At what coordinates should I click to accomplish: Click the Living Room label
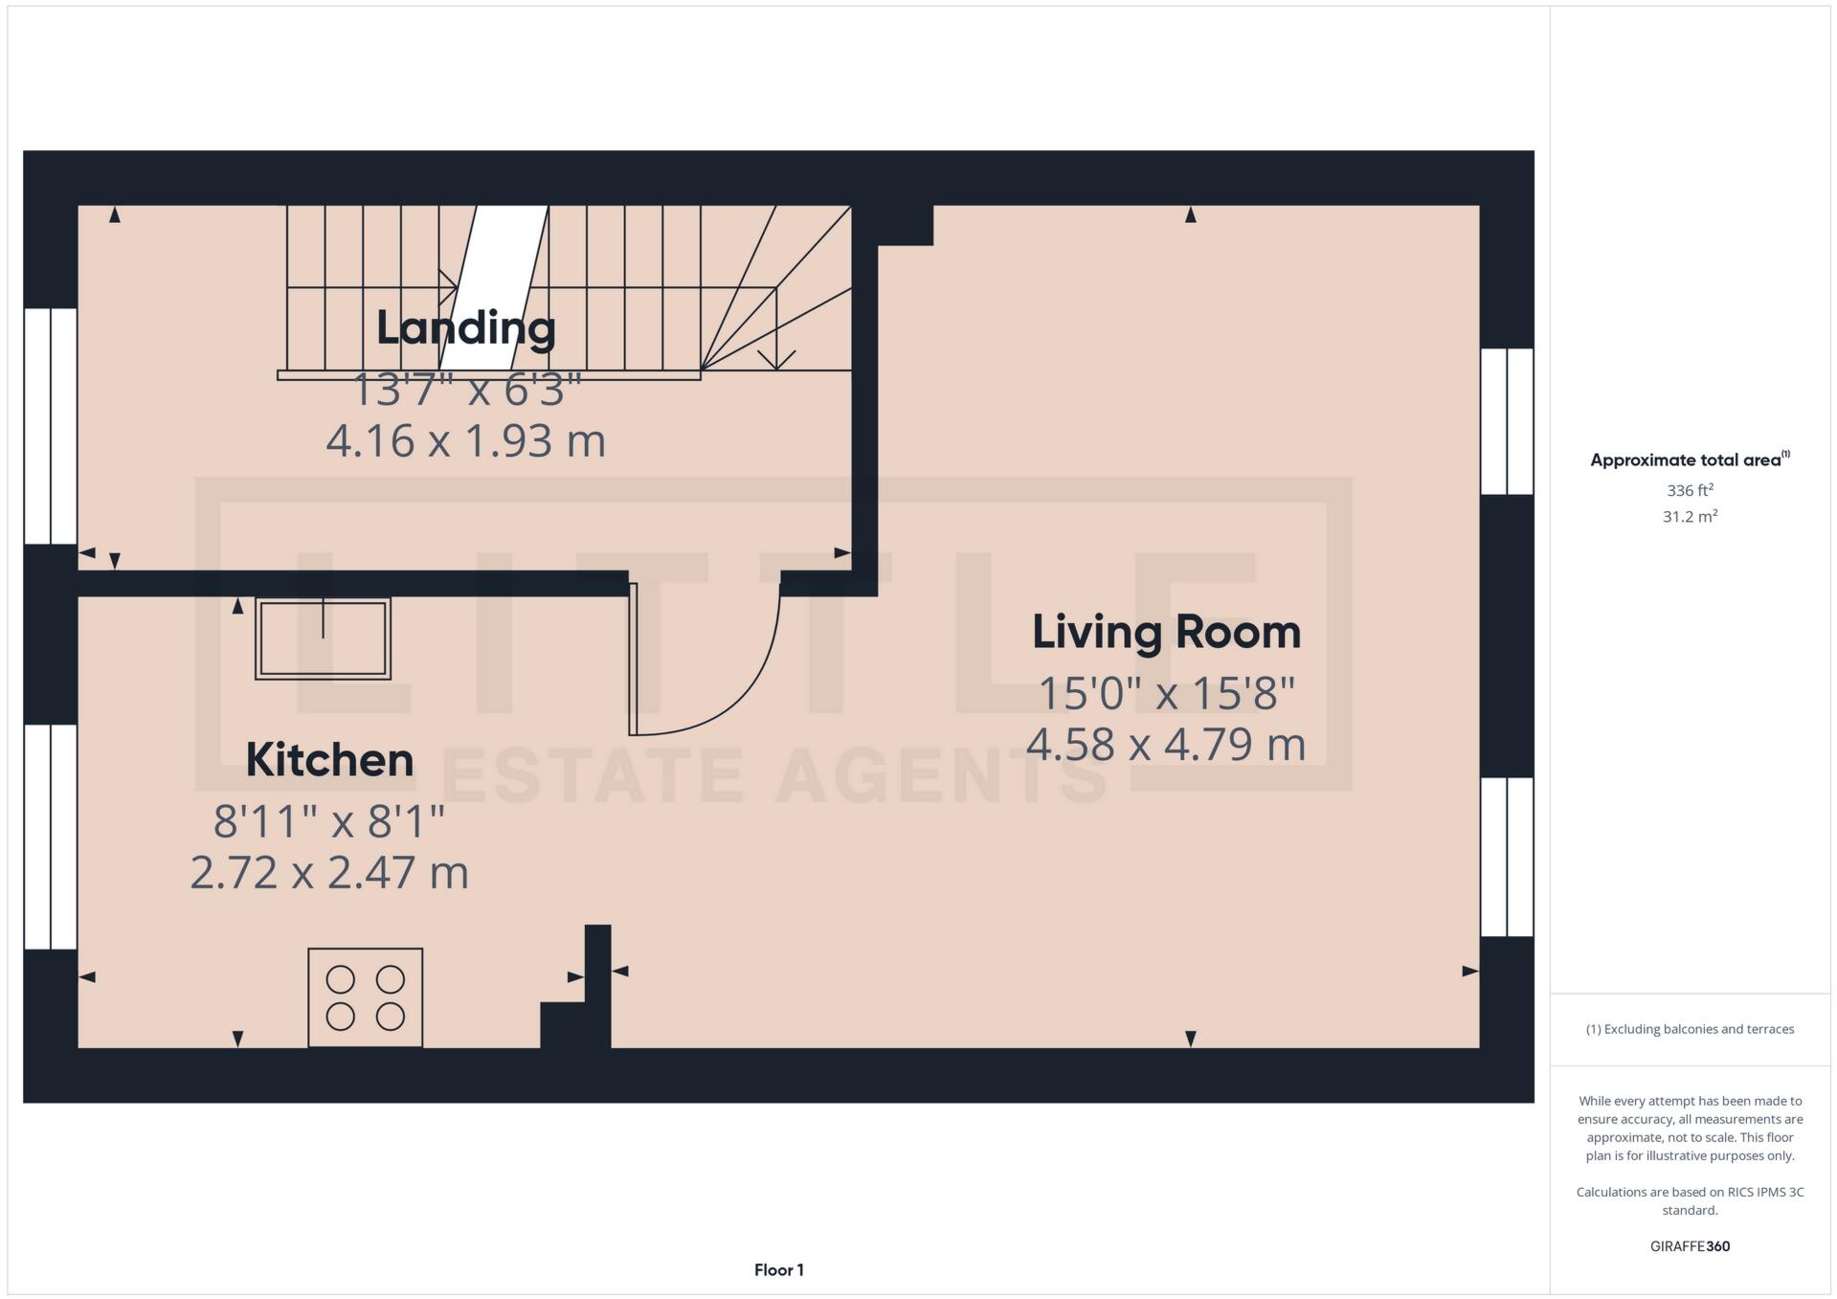(x=1166, y=633)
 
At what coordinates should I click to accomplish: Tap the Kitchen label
(x=329, y=760)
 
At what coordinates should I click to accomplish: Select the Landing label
(x=465, y=328)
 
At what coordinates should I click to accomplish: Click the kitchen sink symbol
(x=323, y=638)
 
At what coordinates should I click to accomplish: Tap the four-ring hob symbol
(x=365, y=997)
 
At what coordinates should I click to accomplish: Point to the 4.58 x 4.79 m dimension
(x=1166, y=745)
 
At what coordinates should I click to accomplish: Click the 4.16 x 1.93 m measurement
(x=465, y=441)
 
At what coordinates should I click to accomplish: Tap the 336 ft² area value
(x=1690, y=490)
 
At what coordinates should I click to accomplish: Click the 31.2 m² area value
(x=1690, y=517)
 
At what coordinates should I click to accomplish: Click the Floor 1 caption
(x=778, y=1270)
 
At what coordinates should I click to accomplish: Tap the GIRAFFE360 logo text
(x=1690, y=1246)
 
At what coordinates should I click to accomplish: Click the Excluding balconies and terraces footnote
(x=1690, y=1029)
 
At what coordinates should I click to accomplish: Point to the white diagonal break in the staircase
(x=494, y=287)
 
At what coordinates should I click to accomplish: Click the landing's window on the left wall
(x=50, y=426)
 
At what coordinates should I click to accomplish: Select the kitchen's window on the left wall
(x=50, y=837)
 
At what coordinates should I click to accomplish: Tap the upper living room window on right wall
(x=1507, y=421)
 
